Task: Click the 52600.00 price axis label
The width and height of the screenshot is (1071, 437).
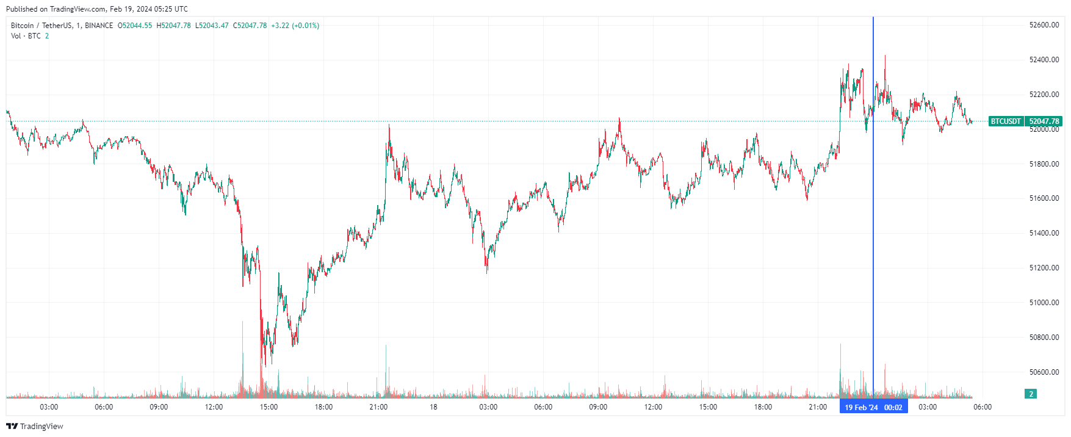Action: (x=1044, y=25)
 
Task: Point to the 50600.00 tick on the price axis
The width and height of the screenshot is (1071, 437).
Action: (x=1044, y=372)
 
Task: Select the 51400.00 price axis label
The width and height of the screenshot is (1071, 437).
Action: (x=1044, y=233)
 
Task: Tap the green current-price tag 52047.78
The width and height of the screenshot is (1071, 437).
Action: (x=1044, y=121)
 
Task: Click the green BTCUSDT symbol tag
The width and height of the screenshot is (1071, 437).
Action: (x=1005, y=121)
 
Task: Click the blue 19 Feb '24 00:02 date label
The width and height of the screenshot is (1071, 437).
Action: (x=873, y=407)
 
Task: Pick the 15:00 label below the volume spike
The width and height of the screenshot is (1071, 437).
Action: (x=269, y=407)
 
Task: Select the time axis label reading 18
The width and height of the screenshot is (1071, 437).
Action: (x=433, y=407)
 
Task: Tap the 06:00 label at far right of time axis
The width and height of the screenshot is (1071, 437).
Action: (x=982, y=407)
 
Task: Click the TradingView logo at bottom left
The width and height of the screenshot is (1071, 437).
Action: (x=35, y=426)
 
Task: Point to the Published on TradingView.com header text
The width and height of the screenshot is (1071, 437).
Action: (x=96, y=9)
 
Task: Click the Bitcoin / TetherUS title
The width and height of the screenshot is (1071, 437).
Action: (x=40, y=26)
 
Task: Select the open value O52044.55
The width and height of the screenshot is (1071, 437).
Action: (x=135, y=26)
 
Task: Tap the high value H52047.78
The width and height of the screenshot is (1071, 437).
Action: (x=174, y=26)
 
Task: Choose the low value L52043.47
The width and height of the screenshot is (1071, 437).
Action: (x=212, y=26)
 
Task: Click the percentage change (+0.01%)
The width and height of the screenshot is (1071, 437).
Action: (x=305, y=26)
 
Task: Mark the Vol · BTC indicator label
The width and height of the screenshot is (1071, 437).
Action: (x=26, y=36)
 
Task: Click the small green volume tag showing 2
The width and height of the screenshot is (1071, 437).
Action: (x=1031, y=394)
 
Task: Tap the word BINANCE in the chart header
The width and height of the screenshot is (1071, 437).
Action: (x=99, y=26)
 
